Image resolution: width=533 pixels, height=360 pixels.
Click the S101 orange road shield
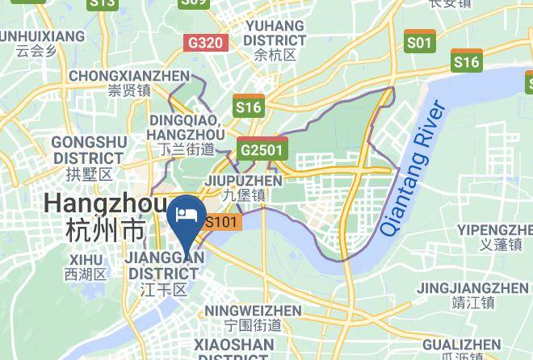click(x=222, y=222)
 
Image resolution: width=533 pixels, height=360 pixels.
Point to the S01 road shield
click(x=420, y=43)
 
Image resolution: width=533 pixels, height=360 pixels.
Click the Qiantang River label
click(x=413, y=168)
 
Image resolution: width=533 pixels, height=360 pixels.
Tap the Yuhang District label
click(x=275, y=32)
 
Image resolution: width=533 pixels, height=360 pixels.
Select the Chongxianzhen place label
click(x=129, y=76)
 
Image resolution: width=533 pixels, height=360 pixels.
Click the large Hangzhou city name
click(x=106, y=203)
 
